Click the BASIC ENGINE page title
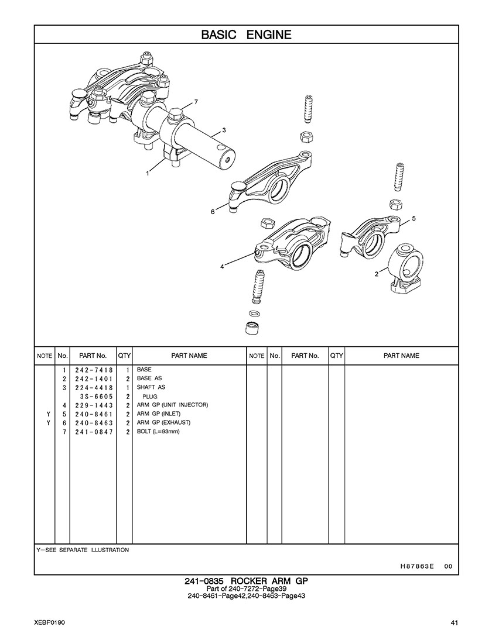[246, 35]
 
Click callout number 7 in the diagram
[196, 102]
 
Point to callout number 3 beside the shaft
[224, 130]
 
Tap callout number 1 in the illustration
[148, 173]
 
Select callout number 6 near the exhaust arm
[213, 212]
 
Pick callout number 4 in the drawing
[222, 267]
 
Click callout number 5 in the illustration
[414, 218]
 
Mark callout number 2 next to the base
[377, 273]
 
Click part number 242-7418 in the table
[94, 370]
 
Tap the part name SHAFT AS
[151, 387]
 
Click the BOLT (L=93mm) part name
[158, 432]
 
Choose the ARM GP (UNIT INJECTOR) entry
[172, 405]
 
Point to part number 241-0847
[94, 432]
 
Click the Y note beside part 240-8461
[47, 414]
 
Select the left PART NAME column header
[189, 356]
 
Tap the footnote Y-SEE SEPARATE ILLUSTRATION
[83, 550]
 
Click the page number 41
[455, 622]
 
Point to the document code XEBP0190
[50, 622]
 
